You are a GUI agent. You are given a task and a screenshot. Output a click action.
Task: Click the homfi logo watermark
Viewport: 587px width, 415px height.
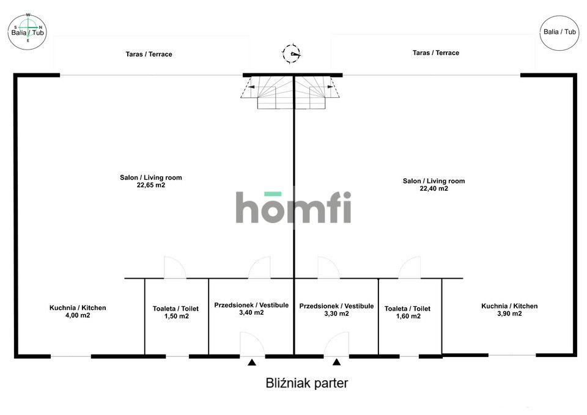point(293,207)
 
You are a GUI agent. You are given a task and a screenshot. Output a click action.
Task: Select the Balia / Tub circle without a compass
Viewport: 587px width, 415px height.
point(559,32)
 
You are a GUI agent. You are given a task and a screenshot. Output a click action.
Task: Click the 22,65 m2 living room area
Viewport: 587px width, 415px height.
point(151,181)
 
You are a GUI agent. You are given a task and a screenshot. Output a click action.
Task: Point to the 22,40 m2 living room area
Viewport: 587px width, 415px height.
point(434,185)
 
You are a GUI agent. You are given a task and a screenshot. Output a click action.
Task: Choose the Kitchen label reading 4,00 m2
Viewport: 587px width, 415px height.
point(78,311)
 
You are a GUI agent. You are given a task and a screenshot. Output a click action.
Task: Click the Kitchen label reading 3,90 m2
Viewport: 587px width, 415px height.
point(509,310)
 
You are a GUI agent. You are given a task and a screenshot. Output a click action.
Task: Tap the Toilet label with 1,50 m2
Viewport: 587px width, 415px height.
point(176,312)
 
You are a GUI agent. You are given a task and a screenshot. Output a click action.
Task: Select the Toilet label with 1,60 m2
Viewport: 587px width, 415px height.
point(408,312)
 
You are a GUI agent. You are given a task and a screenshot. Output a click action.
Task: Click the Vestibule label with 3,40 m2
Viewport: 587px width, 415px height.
point(251,309)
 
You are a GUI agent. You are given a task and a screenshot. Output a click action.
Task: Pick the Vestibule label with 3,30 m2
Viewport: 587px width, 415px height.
point(336,309)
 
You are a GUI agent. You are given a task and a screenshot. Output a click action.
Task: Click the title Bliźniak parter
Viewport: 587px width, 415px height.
point(307,383)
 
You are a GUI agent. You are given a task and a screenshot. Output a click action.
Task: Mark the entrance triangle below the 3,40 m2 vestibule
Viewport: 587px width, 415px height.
point(252,362)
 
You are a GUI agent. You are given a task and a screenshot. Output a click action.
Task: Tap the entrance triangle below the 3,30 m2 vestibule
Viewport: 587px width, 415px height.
point(336,362)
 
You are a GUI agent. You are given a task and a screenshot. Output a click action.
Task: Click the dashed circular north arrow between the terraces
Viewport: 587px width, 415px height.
point(291,54)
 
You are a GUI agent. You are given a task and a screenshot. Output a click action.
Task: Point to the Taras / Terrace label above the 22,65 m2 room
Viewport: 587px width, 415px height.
point(149,54)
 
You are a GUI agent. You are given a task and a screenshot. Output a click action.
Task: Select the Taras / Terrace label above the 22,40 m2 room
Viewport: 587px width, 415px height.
point(436,53)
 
